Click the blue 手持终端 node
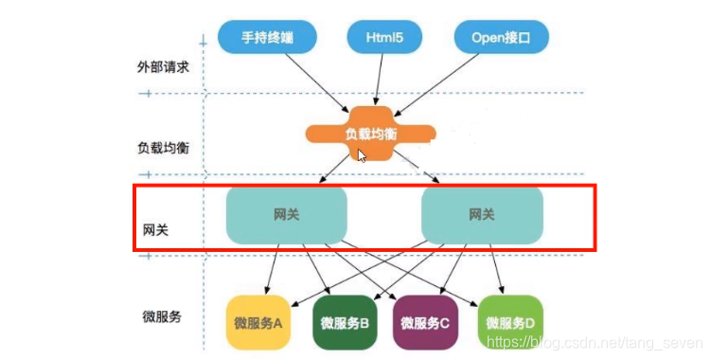[x=266, y=38]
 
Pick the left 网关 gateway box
[x=287, y=215]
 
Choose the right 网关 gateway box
[x=482, y=215]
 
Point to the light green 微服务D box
[x=509, y=322]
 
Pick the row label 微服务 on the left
[x=160, y=315]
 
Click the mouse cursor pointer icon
[x=362, y=155]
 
